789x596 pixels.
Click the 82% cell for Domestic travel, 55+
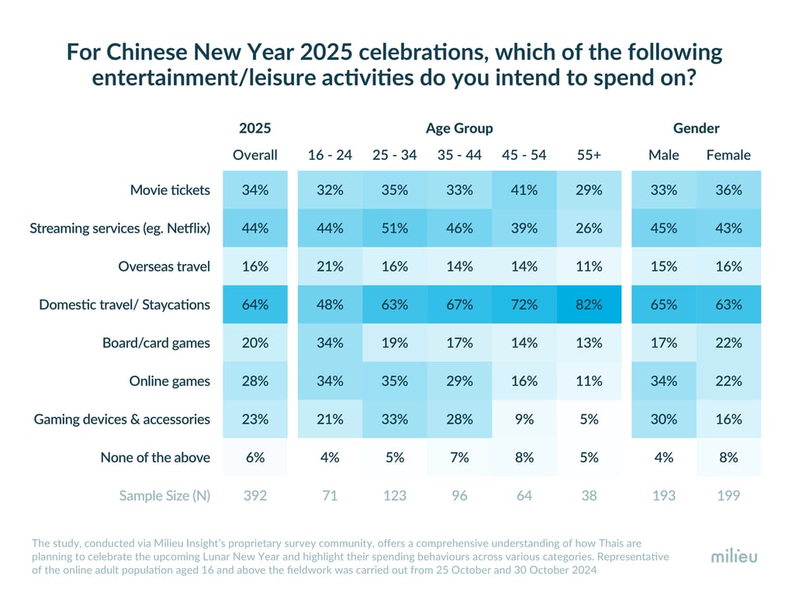589,305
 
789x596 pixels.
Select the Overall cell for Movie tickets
255,190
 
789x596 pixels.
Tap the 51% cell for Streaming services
395,228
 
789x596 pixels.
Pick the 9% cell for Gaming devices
524,419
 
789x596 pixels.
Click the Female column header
728,155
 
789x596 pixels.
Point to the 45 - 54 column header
524,155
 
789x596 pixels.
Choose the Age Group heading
459,128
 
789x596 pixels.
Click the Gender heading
696,128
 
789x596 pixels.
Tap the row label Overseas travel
164,266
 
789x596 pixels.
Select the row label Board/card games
156,343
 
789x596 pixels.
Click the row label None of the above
155,457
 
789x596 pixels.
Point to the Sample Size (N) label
164,495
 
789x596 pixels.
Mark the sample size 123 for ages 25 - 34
395,495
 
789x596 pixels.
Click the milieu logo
734,556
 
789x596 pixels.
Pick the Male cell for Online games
664,381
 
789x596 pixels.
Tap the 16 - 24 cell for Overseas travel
330,266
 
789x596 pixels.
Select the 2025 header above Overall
255,128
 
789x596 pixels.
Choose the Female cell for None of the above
728,457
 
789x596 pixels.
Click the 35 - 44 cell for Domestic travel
459,305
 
